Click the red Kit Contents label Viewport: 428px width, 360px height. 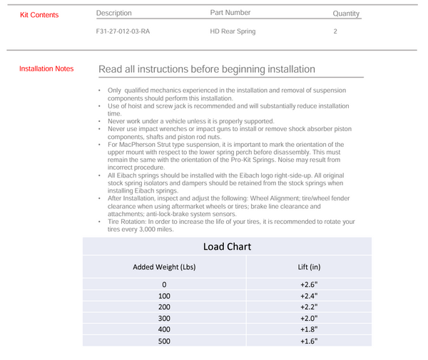point(39,15)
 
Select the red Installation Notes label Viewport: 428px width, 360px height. point(46,69)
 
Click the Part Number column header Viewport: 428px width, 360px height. point(230,13)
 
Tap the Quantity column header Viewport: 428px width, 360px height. point(346,14)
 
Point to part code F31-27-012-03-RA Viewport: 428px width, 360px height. point(123,32)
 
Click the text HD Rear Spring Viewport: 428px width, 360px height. point(233,32)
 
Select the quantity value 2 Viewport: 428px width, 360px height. point(335,32)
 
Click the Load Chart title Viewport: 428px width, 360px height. point(227,247)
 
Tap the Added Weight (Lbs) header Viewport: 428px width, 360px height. point(164,267)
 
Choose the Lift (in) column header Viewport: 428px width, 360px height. point(309,267)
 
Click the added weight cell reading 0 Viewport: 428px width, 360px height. point(164,284)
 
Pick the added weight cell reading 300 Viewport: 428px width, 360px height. point(164,319)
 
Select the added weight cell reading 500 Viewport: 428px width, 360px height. point(164,341)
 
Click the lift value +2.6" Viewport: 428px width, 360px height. point(308,284)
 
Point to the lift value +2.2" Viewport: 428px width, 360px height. point(308,307)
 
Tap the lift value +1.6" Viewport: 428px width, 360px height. point(308,341)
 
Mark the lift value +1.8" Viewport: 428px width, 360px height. point(308,330)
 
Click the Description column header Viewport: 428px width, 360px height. point(114,13)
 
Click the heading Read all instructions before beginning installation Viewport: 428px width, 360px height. point(207,70)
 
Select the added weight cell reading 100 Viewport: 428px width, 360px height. point(164,296)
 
